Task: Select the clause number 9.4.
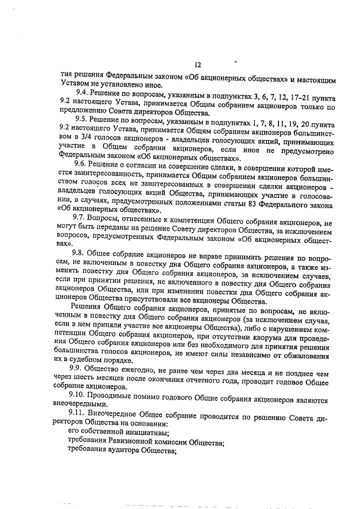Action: click(x=83, y=91)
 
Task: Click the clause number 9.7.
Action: click(x=83, y=217)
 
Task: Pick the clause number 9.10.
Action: click(x=84, y=394)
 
